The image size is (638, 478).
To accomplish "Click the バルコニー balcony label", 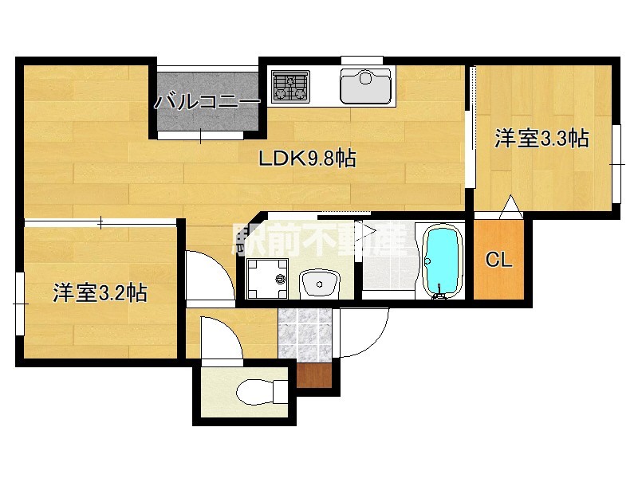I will (x=207, y=102).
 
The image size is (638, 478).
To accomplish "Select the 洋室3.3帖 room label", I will (x=542, y=139).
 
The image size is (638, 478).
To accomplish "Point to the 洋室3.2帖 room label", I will (x=100, y=292).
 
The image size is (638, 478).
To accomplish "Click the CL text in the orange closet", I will (x=499, y=260).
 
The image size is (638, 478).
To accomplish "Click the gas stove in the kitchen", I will (x=290, y=87).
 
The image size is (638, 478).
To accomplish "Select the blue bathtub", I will (x=441, y=261).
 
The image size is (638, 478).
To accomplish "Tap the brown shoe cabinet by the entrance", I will (x=314, y=374).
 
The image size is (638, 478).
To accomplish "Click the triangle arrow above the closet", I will (x=510, y=209).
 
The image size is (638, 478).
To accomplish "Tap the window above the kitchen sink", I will (x=362, y=60).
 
